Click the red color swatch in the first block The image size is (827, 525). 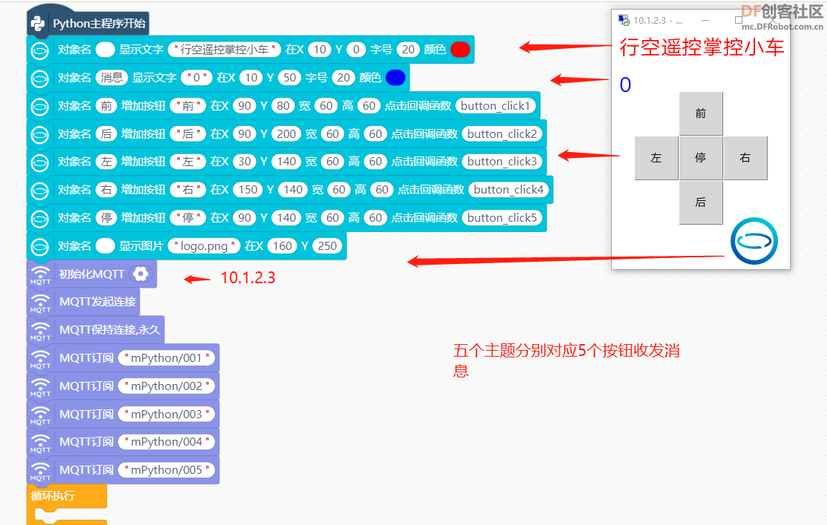point(461,50)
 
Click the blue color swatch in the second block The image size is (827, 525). point(395,77)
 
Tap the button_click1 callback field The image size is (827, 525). point(495,106)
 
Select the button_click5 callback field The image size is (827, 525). point(501,218)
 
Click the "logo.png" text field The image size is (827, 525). point(204,246)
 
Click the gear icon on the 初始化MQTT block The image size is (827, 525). point(141,274)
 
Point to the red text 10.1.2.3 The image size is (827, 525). point(248,278)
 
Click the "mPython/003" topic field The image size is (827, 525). point(166,415)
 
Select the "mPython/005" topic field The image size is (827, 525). point(166,470)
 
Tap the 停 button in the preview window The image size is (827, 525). point(701,158)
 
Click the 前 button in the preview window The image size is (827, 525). point(701,113)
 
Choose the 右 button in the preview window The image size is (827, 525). point(745,158)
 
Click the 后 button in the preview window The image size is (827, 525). point(701,202)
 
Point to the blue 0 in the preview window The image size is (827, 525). point(625,85)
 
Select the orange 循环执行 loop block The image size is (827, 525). point(67,496)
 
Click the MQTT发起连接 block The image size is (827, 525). point(83,302)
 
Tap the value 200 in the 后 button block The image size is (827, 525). point(286,134)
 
